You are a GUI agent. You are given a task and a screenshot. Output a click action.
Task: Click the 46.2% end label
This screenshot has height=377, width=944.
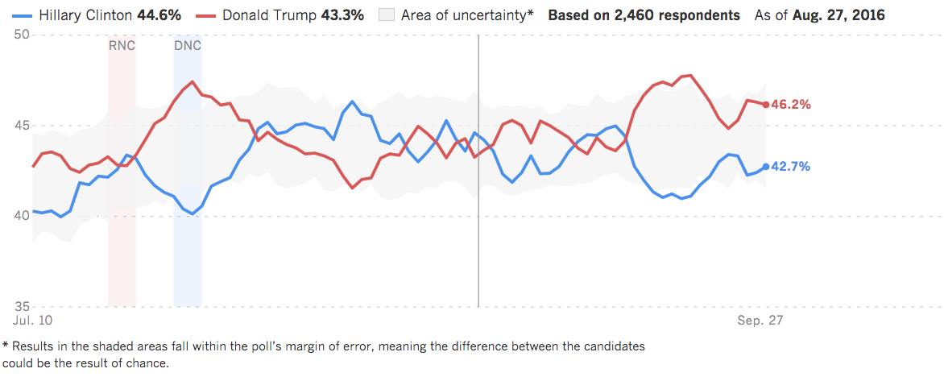pyautogui.click(x=792, y=105)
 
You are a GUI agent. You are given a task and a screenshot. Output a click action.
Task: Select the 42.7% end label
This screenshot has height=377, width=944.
pyautogui.click(x=792, y=167)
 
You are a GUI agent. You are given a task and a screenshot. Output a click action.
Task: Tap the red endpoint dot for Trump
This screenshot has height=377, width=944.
pyautogui.click(x=765, y=105)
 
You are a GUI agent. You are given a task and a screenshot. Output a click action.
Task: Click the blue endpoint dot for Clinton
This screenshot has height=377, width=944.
pyautogui.click(x=765, y=167)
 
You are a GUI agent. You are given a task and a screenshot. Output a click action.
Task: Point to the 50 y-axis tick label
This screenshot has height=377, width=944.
pyautogui.click(x=22, y=34)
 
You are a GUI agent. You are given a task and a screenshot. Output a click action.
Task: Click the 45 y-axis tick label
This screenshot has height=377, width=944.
pyautogui.click(x=22, y=126)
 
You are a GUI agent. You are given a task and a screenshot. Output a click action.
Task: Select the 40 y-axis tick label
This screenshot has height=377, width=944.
pyautogui.click(x=22, y=216)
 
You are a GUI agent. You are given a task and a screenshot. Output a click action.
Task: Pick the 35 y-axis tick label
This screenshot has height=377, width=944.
pyautogui.click(x=22, y=307)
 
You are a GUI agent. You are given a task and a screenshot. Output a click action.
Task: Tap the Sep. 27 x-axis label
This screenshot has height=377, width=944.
pyautogui.click(x=760, y=321)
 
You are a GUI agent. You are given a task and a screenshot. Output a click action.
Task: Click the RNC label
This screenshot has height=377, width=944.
pyautogui.click(x=122, y=45)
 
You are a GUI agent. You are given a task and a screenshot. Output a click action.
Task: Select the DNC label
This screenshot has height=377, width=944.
pyautogui.click(x=188, y=45)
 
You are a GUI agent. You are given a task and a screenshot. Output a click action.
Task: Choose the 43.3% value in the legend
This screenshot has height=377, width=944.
pyautogui.click(x=345, y=15)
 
